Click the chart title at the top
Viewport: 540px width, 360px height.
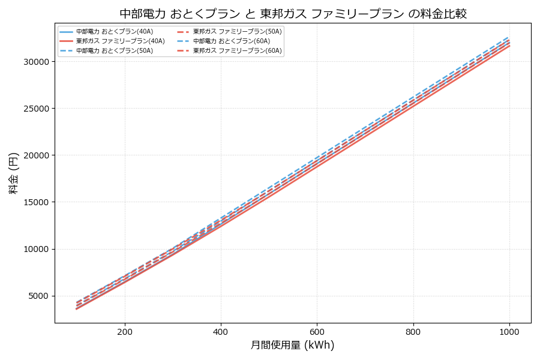click(x=293, y=13)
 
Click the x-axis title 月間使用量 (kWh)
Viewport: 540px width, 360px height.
click(x=292, y=345)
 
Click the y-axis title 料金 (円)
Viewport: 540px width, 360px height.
click(x=13, y=173)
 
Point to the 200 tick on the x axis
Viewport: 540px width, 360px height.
click(x=125, y=331)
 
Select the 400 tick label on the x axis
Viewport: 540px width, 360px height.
click(x=221, y=331)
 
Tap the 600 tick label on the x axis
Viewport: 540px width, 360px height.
click(x=317, y=331)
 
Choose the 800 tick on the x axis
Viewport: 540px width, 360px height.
click(x=413, y=331)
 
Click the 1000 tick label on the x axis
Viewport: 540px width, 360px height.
click(x=509, y=331)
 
